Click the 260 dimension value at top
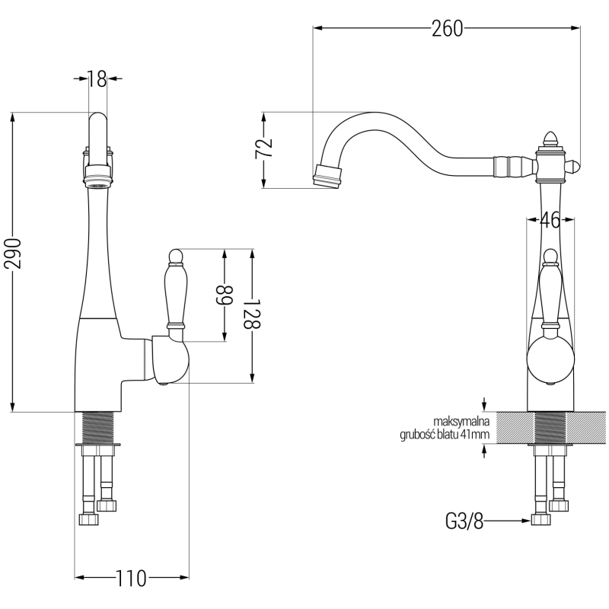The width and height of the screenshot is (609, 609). click(x=447, y=29)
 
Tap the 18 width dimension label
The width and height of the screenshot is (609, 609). click(x=97, y=78)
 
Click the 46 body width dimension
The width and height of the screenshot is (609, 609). click(x=550, y=221)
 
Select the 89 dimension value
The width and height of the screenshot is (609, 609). click(x=225, y=294)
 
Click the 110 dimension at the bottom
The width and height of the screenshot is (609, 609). click(x=131, y=579)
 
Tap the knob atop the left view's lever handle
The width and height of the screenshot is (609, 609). click(x=174, y=255)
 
